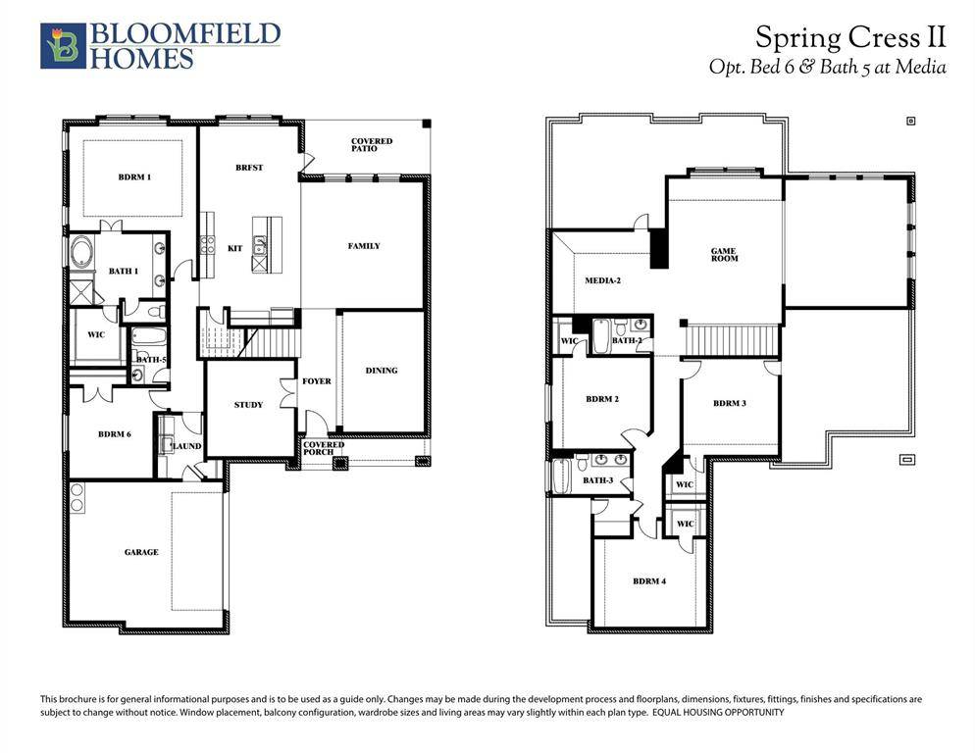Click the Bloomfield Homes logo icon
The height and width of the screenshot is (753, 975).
(x=58, y=46)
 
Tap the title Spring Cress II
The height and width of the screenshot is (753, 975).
(x=849, y=38)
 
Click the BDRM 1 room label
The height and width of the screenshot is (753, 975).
(x=134, y=177)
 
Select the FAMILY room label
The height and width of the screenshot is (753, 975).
(x=364, y=246)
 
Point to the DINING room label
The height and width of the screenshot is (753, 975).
(x=382, y=371)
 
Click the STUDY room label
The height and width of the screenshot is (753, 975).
(x=248, y=405)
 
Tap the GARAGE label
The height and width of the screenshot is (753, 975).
(x=141, y=553)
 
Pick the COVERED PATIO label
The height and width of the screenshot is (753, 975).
(x=372, y=145)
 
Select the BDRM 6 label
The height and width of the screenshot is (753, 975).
(x=115, y=434)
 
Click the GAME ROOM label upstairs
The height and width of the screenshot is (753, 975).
(x=724, y=255)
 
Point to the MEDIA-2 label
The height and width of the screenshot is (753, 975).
(x=603, y=280)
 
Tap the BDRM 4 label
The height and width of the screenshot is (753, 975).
(x=649, y=581)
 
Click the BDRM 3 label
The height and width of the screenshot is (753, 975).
(x=730, y=404)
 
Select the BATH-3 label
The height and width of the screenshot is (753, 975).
(x=597, y=480)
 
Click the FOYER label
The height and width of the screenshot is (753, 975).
(x=316, y=381)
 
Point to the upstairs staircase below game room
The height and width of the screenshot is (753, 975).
(x=732, y=340)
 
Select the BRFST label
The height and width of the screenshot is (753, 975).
(x=249, y=168)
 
